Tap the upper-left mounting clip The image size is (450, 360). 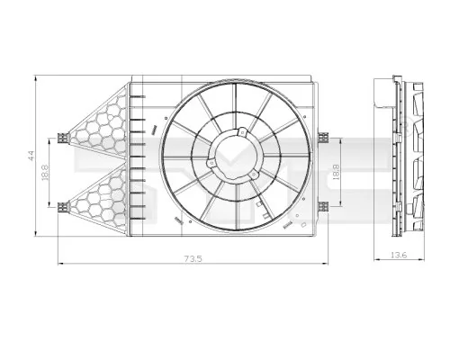click(x=61, y=138)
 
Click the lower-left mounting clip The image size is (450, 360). click(x=61, y=206)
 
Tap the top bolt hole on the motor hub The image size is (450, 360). click(x=241, y=134)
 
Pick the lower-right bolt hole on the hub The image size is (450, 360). click(x=256, y=176)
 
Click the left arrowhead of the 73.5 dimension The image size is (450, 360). click(x=60, y=263)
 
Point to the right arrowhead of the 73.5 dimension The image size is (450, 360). click(x=328, y=263)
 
